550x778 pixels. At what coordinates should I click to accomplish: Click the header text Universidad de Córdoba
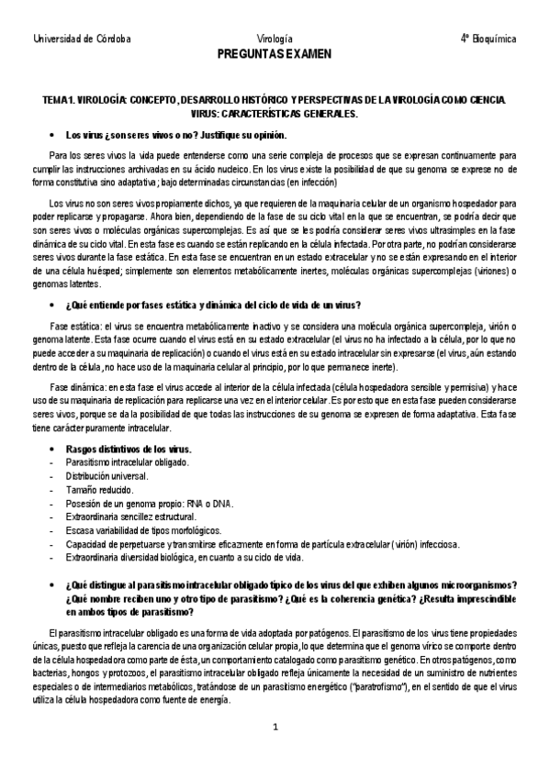82,39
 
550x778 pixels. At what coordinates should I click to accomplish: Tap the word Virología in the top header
275,39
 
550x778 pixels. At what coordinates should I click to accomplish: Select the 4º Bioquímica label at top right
488,39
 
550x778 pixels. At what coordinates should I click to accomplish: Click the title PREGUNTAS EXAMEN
275,54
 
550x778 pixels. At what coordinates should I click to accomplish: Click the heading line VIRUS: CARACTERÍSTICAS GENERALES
275,113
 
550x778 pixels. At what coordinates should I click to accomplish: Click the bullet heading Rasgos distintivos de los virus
129,449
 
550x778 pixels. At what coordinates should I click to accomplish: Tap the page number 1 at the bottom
275,728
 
